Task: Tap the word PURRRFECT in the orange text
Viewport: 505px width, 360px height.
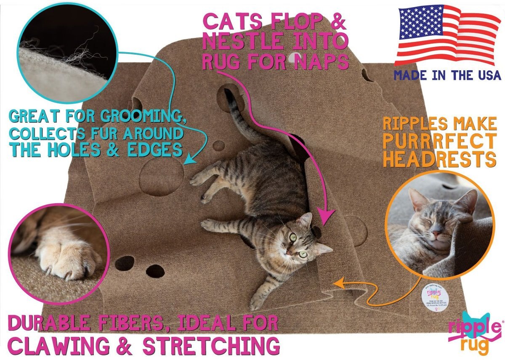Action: coord(439,141)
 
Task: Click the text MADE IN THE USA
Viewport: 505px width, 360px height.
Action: coord(447,76)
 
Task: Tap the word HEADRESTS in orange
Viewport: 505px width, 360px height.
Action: coord(439,159)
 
